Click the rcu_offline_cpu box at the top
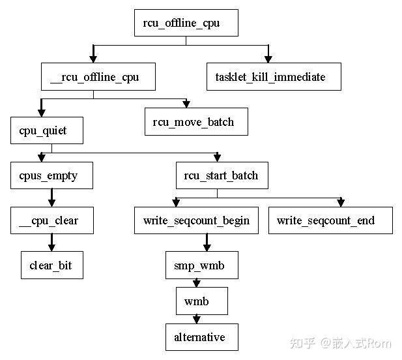[x=186, y=23]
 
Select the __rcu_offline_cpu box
[x=93, y=77]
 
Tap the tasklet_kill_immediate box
[x=270, y=77]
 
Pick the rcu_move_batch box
[x=196, y=122]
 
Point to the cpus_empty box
[x=51, y=175]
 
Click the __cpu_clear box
[x=51, y=220]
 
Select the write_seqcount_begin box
[x=196, y=220]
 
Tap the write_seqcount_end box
[x=330, y=220]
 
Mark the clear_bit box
[x=51, y=265]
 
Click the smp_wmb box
[x=201, y=265]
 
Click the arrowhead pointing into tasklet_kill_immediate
[x=268, y=59]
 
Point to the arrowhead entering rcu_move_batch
[x=186, y=104]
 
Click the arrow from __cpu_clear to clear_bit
[x=51, y=243]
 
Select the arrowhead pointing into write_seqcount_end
[x=339, y=202]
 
